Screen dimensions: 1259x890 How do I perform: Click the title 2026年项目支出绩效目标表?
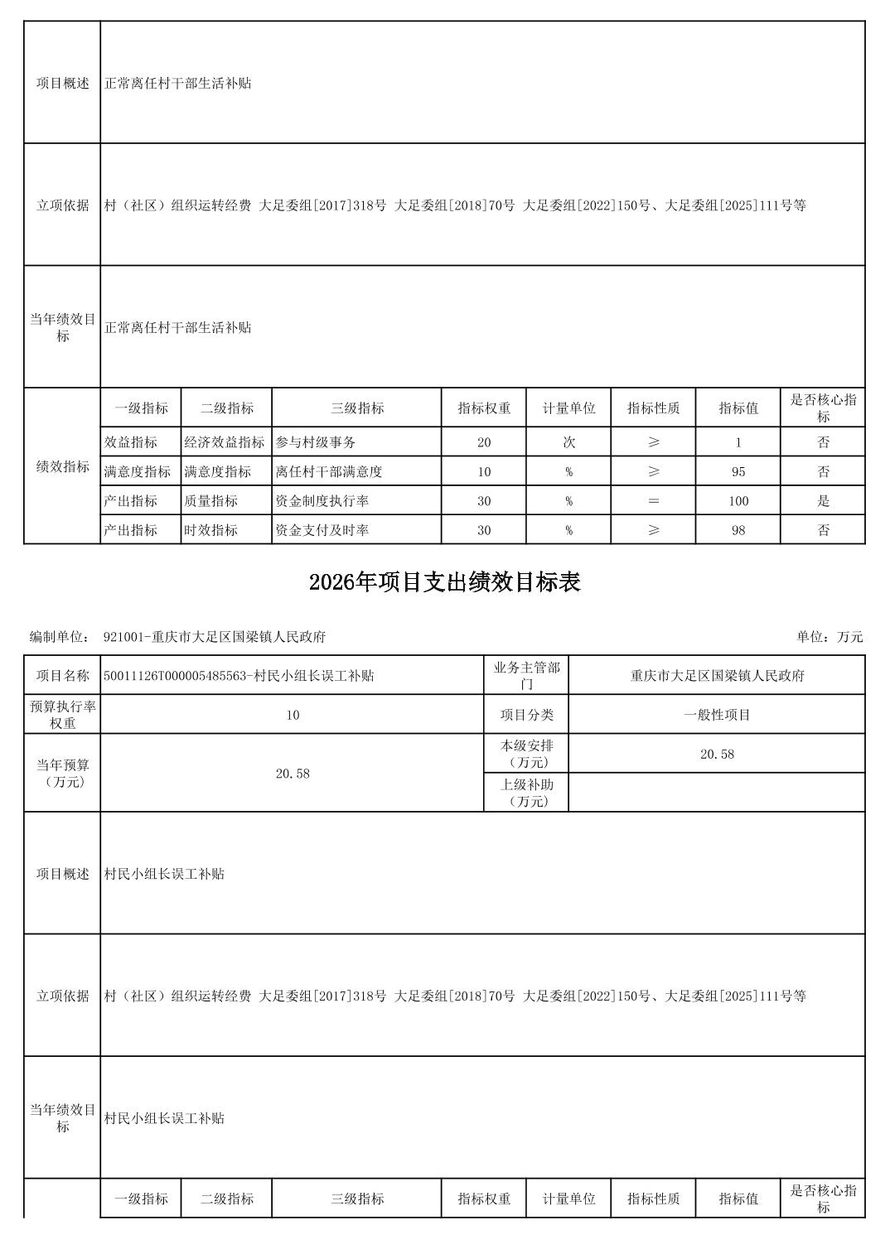(444, 582)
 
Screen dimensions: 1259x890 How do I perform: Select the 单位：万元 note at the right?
(830, 637)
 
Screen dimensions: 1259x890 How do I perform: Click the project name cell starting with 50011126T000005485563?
(239, 676)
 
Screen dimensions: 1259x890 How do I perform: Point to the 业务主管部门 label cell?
(526, 676)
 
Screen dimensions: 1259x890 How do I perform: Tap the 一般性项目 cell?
(717, 715)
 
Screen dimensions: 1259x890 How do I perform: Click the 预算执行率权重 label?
(62, 715)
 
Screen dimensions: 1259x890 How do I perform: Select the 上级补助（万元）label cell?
(526, 793)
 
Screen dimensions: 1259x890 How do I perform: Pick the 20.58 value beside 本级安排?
(717, 754)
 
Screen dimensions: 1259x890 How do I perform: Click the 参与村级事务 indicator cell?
(316, 442)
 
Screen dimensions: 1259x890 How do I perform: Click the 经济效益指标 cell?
(225, 442)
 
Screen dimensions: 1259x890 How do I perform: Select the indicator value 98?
(738, 530)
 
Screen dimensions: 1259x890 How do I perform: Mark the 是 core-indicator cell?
(823, 501)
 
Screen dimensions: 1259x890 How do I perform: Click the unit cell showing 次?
(568, 442)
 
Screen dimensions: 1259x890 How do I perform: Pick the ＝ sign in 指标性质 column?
(653, 501)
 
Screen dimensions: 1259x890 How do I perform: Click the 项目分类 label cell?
(526, 715)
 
